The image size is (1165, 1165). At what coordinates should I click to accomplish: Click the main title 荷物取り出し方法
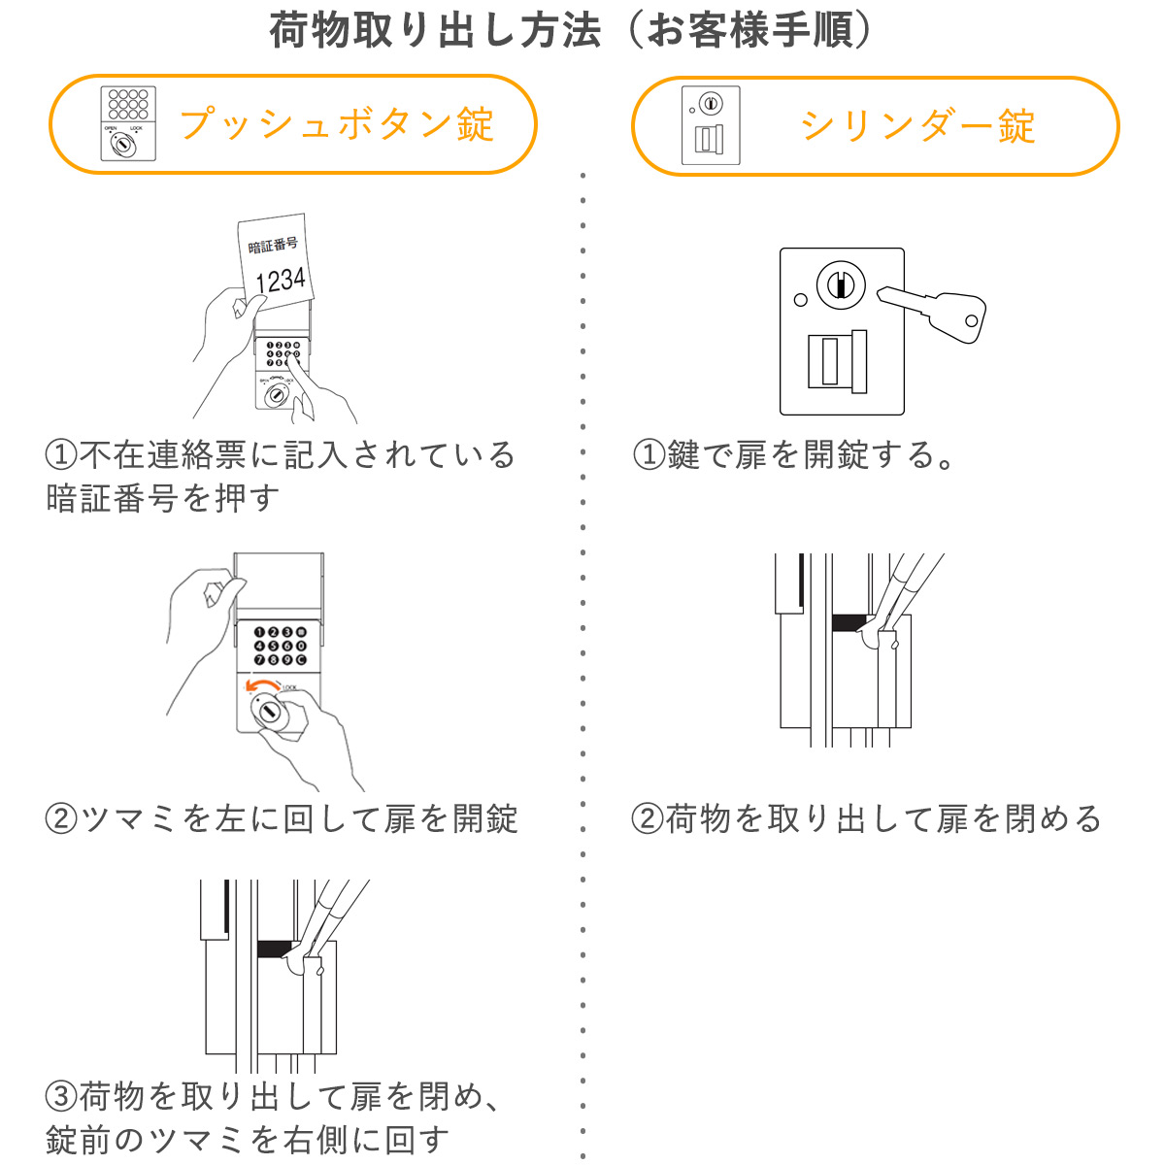(x=435, y=32)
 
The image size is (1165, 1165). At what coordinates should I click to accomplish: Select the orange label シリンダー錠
(x=917, y=127)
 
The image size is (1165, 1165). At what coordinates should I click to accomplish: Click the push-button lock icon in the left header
(x=127, y=124)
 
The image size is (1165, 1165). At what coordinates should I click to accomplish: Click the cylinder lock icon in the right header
(x=710, y=125)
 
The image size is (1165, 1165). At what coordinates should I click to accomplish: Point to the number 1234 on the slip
(x=280, y=281)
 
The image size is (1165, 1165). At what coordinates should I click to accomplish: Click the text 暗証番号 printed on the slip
(x=273, y=246)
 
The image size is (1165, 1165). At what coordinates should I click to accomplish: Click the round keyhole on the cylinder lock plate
(x=840, y=284)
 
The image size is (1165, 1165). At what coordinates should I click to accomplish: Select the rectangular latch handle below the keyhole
(x=838, y=360)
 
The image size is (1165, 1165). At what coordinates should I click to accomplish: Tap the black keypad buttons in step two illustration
(x=280, y=646)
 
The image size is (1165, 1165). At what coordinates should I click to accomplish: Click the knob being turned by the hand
(x=269, y=714)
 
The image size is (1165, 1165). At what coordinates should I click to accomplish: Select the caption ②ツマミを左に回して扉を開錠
(x=282, y=819)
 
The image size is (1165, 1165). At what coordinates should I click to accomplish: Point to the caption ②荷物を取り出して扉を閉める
(x=867, y=819)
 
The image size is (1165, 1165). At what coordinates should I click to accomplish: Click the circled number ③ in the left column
(x=60, y=1097)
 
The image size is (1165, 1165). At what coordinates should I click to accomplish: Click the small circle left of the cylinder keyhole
(x=800, y=300)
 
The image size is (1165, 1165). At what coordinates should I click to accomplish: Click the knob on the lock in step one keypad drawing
(x=277, y=395)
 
